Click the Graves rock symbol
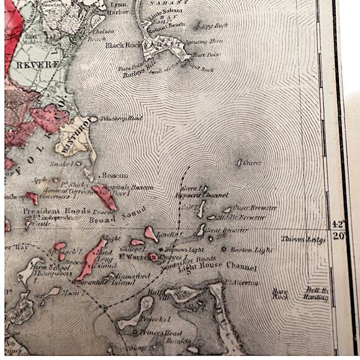click(x=239, y=163)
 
